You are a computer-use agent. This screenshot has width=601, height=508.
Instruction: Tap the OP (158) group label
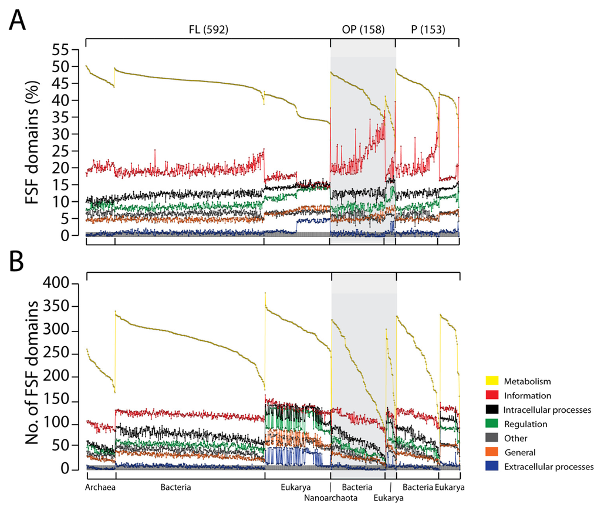[363, 29]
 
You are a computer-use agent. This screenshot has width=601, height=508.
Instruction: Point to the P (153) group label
[426, 29]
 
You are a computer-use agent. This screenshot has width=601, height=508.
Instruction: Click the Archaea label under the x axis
[100, 487]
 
